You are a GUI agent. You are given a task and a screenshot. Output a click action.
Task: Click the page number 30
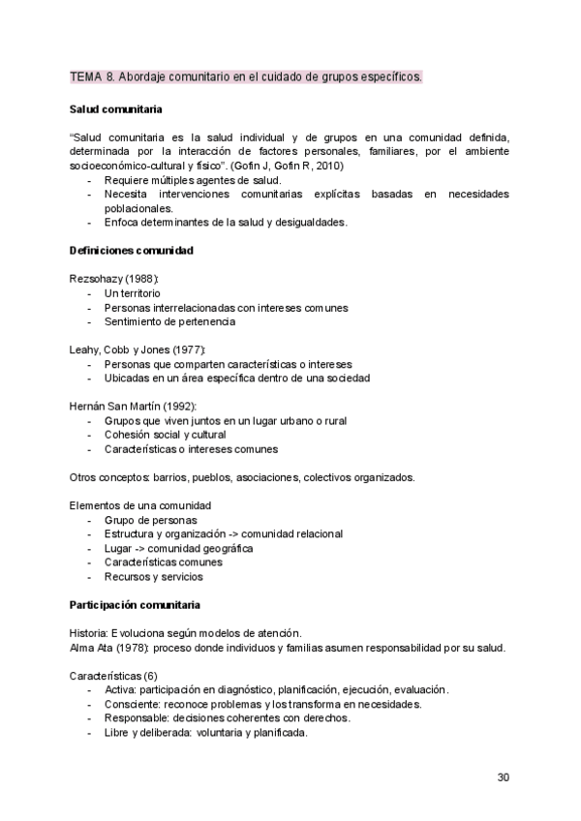click(503, 776)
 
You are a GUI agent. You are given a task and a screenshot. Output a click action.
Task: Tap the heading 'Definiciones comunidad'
click(131, 251)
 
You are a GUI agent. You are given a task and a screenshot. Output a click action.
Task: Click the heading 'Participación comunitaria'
click(135, 605)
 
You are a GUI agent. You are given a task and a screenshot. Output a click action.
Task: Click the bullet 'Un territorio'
click(133, 292)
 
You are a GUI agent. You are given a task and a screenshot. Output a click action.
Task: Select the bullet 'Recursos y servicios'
click(153, 576)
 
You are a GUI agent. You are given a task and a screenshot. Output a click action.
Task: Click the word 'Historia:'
click(89, 632)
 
